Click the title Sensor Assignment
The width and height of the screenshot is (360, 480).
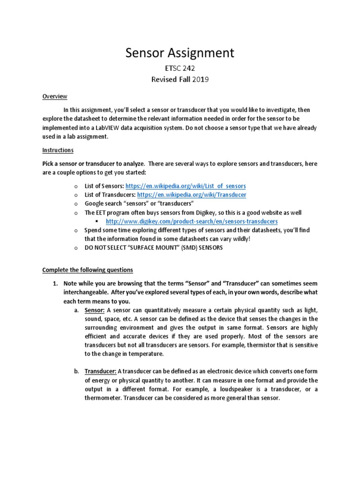pos(180,53)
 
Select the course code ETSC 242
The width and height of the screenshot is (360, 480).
pos(180,68)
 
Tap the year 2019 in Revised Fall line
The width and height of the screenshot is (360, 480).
pos(198,79)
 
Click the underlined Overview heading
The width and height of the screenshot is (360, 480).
pos(55,97)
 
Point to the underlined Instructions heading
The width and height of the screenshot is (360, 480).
pos(58,150)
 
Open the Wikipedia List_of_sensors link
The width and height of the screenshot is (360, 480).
pos(186,186)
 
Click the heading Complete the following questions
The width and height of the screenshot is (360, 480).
pos(88,270)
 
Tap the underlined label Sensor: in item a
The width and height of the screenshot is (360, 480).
pos(95,310)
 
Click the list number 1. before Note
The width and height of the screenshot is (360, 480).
pos(55,284)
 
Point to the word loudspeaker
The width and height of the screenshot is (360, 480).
pos(251,390)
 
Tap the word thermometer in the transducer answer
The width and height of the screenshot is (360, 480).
pos(105,398)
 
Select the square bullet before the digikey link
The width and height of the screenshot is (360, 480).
pos(97,221)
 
